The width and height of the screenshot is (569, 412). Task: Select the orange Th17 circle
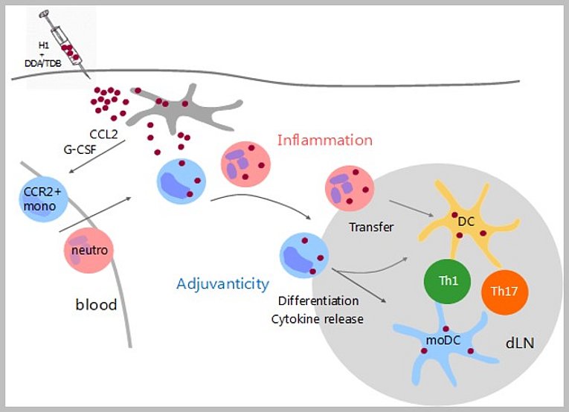click(x=505, y=291)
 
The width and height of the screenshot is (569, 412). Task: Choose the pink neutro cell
click(x=89, y=251)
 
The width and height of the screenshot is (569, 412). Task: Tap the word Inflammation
click(x=324, y=140)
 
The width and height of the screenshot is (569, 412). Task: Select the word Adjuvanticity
click(x=222, y=283)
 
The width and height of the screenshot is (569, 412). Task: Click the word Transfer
click(x=371, y=226)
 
